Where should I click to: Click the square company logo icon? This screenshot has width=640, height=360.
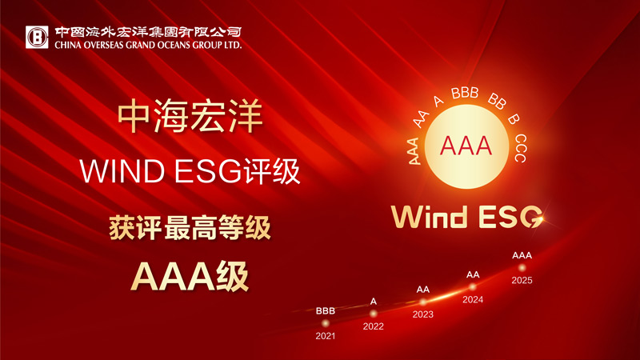click(x=36, y=36)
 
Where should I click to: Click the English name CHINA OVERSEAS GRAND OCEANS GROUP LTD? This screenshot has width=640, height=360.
click(x=148, y=46)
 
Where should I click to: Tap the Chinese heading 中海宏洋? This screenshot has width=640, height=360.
click(x=190, y=117)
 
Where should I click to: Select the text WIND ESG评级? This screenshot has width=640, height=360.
click(x=190, y=170)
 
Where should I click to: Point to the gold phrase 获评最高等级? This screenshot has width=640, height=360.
click(x=190, y=227)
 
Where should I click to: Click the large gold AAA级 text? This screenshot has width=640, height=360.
click(x=190, y=274)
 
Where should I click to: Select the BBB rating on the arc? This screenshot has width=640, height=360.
click(x=464, y=94)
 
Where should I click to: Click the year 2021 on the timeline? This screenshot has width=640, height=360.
click(x=326, y=336)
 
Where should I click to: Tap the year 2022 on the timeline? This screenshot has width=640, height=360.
click(x=373, y=326)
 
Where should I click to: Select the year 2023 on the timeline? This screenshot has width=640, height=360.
click(x=422, y=314)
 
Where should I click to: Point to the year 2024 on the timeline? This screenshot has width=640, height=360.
click(x=473, y=301)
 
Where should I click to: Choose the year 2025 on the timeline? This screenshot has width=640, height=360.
click(x=522, y=281)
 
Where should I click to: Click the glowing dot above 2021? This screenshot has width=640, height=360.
click(x=326, y=322)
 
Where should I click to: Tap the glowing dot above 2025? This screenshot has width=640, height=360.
click(x=522, y=267)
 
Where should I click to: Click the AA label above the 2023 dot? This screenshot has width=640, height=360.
click(x=422, y=289)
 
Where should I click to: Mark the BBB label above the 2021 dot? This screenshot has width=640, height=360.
click(x=326, y=310)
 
